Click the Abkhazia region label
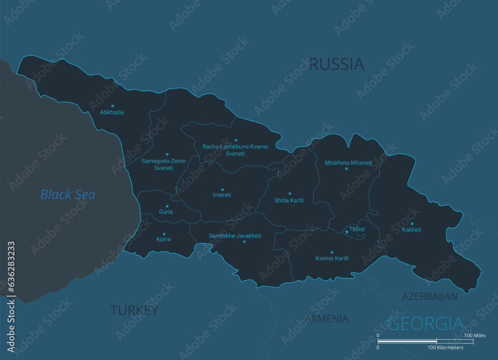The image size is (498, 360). point(112,113)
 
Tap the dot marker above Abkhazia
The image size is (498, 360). point(113,106)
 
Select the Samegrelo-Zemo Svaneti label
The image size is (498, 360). point(164,164)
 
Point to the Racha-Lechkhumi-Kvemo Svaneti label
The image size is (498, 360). point(235,150)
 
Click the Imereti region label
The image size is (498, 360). point(222,195)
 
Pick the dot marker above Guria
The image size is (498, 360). point(167,206)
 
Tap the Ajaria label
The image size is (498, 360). point(163,240)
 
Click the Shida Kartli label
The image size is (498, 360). point(289,201)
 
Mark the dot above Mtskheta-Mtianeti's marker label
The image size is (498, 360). point(347,169)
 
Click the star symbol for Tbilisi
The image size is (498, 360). point(347,232)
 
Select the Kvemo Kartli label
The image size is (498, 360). point(332,258)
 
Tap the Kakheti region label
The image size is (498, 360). point(412,230)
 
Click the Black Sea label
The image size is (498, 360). point(68,195)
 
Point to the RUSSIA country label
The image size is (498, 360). point(337,64)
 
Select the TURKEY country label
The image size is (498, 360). point(134,311)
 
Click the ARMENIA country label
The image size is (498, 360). point(327,319)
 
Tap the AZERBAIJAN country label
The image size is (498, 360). point(430,297)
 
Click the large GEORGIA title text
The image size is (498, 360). point(425,324)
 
